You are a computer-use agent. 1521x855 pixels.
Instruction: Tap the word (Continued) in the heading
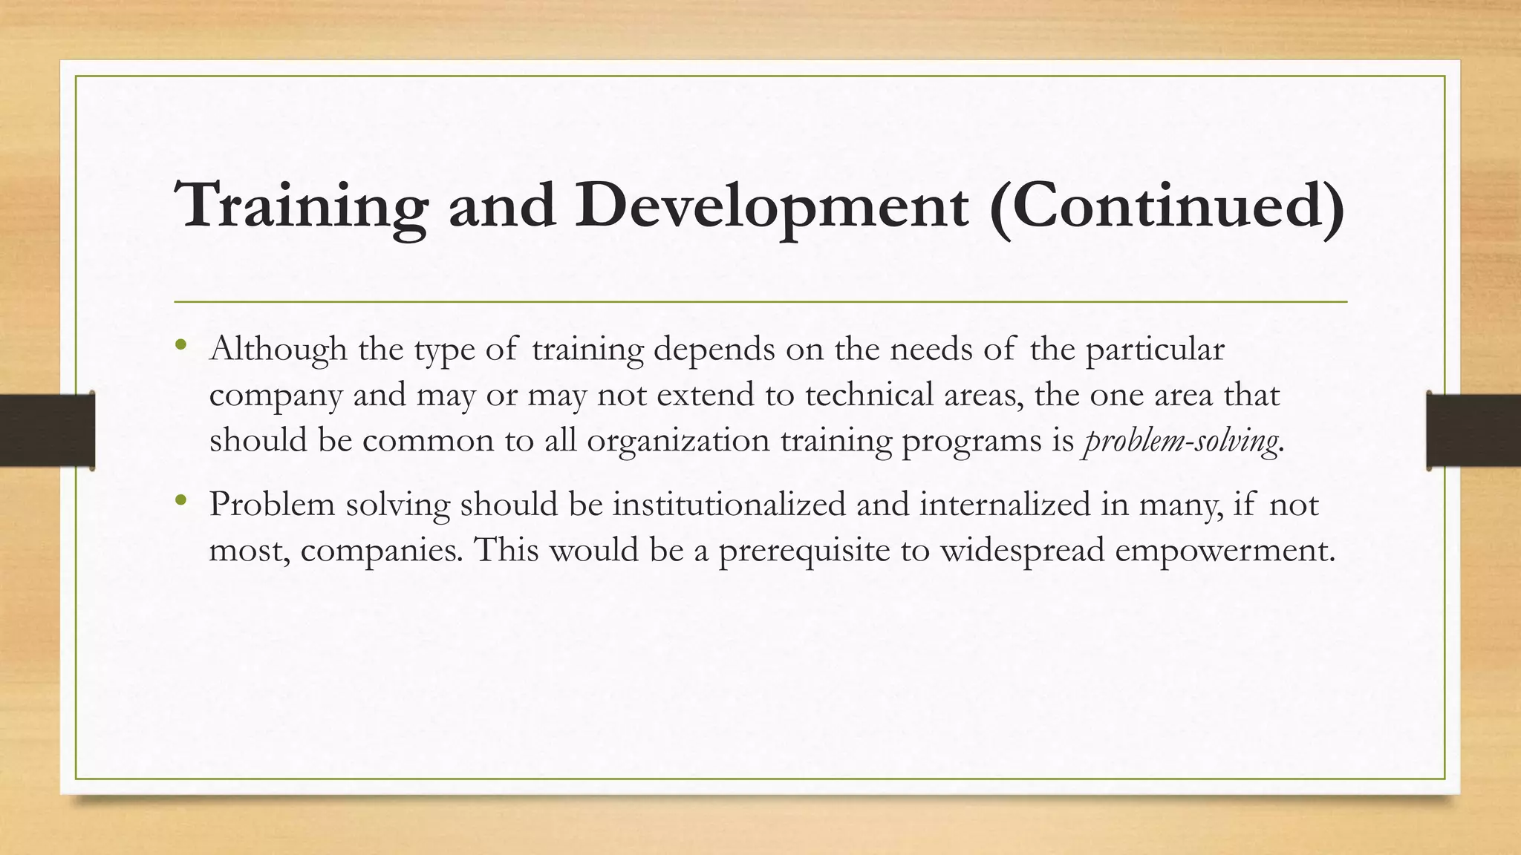[1167, 205]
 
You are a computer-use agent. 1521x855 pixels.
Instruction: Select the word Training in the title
[301, 205]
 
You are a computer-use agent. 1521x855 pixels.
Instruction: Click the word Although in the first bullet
[279, 349]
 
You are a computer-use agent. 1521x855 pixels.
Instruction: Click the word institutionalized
[729, 505]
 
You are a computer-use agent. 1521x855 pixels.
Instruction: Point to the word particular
[1155, 349]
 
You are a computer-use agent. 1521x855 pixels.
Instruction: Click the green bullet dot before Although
[181, 344]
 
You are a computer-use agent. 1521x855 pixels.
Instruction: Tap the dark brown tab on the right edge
[1473, 430]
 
